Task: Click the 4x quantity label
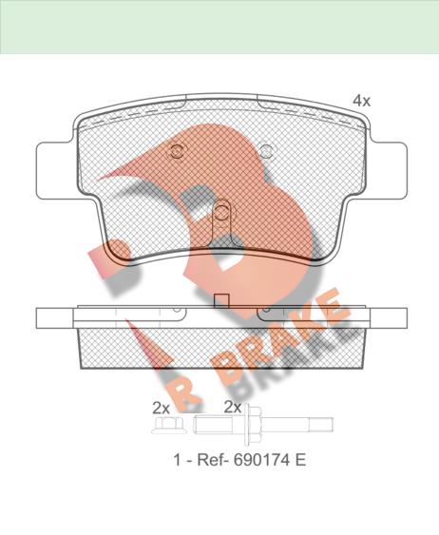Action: [x=361, y=101]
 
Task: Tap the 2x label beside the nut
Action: [x=161, y=408]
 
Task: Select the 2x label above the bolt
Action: [x=233, y=407]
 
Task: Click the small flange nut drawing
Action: [x=169, y=426]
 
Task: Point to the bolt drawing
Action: [x=263, y=425]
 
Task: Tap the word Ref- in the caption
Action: [x=213, y=460]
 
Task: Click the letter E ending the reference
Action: [x=300, y=460]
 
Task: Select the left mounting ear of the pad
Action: [x=54, y=171]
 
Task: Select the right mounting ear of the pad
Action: [x=389, y=171]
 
